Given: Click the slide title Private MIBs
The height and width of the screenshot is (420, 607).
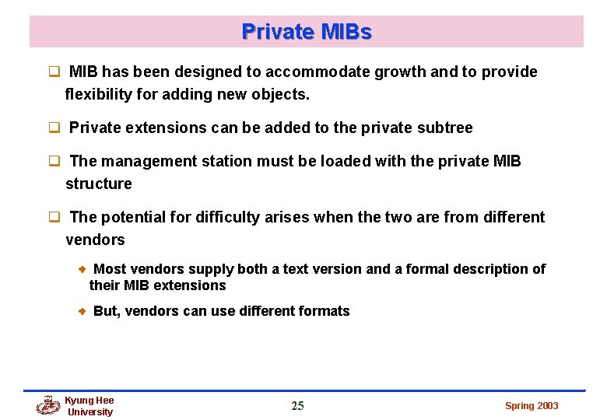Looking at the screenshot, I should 307,32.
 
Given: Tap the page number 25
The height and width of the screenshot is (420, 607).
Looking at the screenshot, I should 297,405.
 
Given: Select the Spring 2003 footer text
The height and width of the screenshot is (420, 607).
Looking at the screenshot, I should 532,405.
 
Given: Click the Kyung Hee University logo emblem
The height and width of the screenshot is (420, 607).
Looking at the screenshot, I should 48,405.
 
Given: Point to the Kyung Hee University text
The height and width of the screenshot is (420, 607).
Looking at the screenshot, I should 89,406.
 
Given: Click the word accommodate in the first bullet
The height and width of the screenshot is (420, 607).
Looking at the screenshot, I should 318,72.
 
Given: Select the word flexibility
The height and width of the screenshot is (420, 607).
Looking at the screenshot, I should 100,95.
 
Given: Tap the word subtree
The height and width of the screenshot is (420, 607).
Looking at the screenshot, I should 444,128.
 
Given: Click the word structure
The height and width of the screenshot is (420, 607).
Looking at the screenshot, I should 99,184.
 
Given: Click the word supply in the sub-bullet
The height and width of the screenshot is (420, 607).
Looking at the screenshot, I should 212,269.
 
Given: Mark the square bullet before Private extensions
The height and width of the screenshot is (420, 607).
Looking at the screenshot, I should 55,128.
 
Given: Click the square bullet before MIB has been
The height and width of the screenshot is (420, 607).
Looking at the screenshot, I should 55,72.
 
